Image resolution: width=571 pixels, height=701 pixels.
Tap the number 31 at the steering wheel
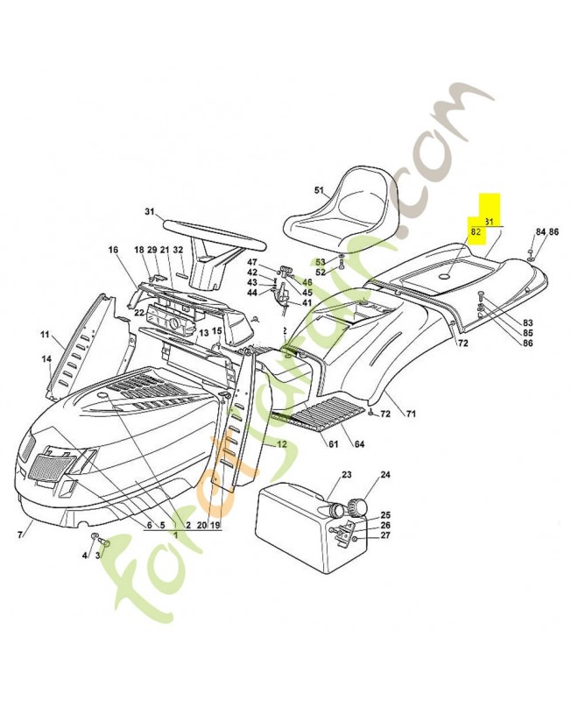click(x=150, y=211)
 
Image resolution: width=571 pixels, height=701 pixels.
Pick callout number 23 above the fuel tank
click(x=346, y=475)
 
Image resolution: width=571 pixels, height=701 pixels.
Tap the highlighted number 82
click(x=476, y=233)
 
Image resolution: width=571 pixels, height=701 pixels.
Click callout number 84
click(x=540, y=232)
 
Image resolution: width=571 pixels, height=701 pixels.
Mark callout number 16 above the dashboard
click(x=113, y=251)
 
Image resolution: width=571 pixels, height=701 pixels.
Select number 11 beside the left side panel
click(x=45, y=335)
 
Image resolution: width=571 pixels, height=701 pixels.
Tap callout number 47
click(x=252, y=263)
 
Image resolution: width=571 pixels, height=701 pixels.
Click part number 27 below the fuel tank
click(x=384, y=535)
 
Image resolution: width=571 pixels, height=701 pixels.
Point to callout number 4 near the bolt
click(x=85, y=555)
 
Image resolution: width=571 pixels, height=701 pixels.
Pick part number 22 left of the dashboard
click(x=139, y=312)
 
